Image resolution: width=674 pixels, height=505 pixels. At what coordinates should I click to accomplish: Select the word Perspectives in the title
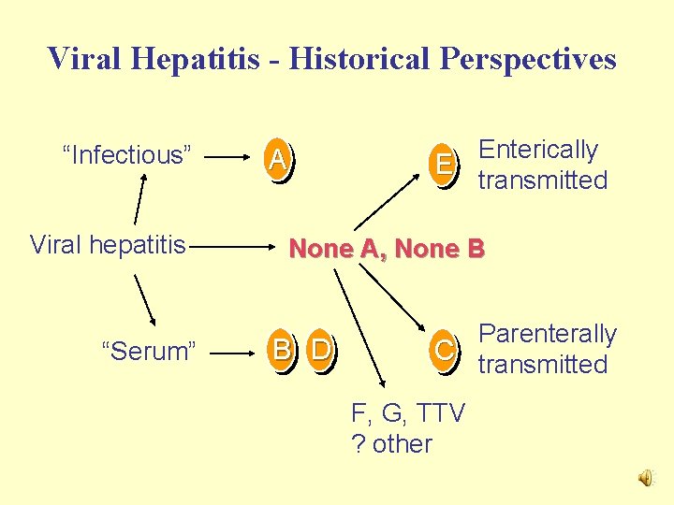[x=530, y=59]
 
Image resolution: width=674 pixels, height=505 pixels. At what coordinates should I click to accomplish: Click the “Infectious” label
[x=126, y=155]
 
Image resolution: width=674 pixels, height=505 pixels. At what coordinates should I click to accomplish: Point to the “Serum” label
[x=149, y=352]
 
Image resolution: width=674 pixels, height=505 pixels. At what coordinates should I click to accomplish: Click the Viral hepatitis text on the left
[x=109, y=246]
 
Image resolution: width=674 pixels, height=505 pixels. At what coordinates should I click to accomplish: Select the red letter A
[x=276, y=161]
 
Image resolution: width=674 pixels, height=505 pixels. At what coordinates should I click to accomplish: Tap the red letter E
[x=444, y=165]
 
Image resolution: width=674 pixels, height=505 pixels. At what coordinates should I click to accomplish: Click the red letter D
[x=320, y=351]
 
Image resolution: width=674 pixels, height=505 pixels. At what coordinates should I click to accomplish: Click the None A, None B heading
[x=386, y=249]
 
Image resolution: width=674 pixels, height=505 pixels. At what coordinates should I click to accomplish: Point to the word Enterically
[x=537, y=150]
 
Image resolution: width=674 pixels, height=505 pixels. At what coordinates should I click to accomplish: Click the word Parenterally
[x=548, y=334]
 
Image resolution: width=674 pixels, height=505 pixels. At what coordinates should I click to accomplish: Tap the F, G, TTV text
[x=407, y=413]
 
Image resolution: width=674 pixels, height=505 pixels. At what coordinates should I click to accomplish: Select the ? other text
[x=391, y=443]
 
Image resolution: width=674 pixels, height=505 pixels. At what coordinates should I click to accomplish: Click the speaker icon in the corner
[x=647, y=479]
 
